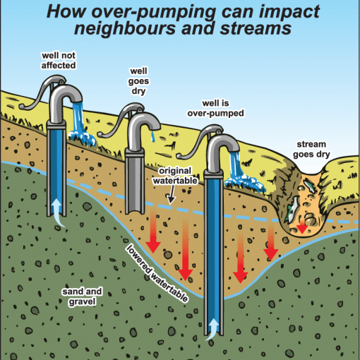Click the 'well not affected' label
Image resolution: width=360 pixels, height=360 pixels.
pos(59,61)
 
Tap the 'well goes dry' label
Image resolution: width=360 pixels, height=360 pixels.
pos(138,81)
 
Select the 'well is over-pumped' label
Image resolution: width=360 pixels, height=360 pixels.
pos(215,108)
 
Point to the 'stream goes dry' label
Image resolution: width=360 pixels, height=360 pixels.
pos(311,150)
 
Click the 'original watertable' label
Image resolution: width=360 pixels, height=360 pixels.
pos(175,176)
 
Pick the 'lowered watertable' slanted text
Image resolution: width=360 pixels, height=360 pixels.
pos(157,273)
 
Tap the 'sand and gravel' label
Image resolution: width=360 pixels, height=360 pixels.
pos(82,296)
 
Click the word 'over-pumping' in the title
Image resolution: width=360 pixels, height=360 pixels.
pos(153,12)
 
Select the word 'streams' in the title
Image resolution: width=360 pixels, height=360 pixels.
pos(256,28)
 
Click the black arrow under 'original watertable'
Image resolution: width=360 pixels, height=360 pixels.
pos(172,195)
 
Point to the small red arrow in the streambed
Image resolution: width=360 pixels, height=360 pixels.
pos(302,228)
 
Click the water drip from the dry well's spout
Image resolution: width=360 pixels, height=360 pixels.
pos(152,136)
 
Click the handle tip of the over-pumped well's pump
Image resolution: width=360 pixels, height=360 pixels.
pos(179,155)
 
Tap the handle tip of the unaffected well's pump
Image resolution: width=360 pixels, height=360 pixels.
pos(22,107)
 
